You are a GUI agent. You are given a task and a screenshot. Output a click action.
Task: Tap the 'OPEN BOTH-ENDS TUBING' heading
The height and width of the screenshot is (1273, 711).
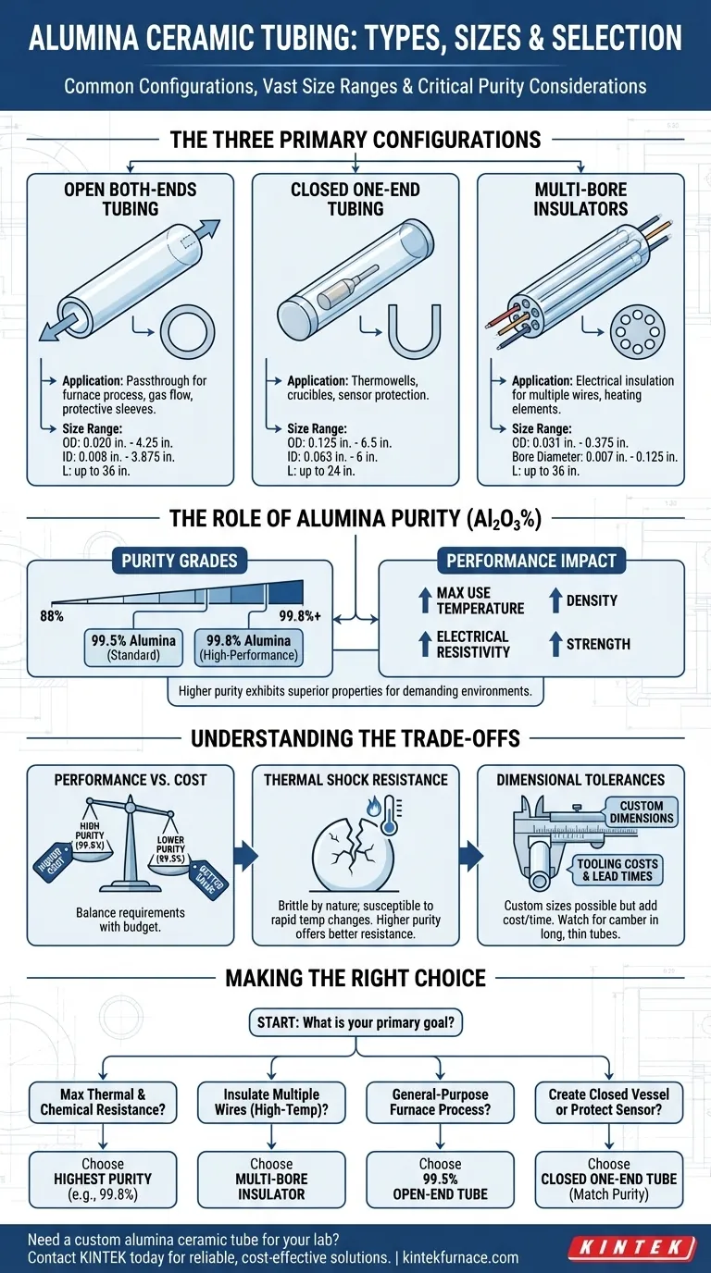[131, 198]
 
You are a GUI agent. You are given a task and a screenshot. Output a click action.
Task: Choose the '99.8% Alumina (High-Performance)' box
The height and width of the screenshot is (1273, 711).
[247, 646]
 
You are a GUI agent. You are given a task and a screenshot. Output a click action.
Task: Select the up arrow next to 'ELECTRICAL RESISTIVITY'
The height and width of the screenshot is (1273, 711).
[424, 644]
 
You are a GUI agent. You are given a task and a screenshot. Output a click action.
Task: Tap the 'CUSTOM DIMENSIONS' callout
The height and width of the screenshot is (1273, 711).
[642, 812]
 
